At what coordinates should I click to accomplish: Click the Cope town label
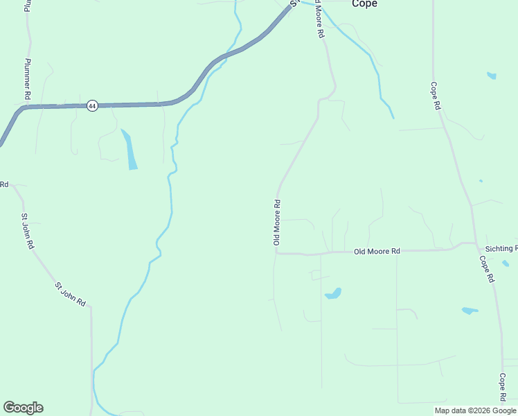pos(364,4)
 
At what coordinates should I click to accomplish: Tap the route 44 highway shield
pos(92,106)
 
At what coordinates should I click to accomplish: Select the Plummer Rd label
pos(28,78)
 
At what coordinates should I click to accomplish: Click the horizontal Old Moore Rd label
pos(377,251)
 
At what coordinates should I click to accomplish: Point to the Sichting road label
pos(501,248)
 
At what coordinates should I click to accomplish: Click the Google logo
pos(23,408)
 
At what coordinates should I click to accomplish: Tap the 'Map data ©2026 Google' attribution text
pos(474,410)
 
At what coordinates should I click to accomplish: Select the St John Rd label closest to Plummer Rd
pos(26,231)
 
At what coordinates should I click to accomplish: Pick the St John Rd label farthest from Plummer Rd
pos(70,293)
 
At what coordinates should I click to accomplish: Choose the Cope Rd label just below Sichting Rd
pos(487,268)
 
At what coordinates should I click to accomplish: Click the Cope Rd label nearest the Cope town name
pos(435,96)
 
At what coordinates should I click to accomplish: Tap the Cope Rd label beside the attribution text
pos(503,388)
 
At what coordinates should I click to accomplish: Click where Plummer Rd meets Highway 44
pos(29,107)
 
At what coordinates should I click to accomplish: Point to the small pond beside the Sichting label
pos(506,263)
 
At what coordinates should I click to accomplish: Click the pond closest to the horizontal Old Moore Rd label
pos(333,293)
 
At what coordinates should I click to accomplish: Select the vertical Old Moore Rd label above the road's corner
pos(276,222)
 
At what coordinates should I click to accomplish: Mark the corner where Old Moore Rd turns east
pos(276,253)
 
